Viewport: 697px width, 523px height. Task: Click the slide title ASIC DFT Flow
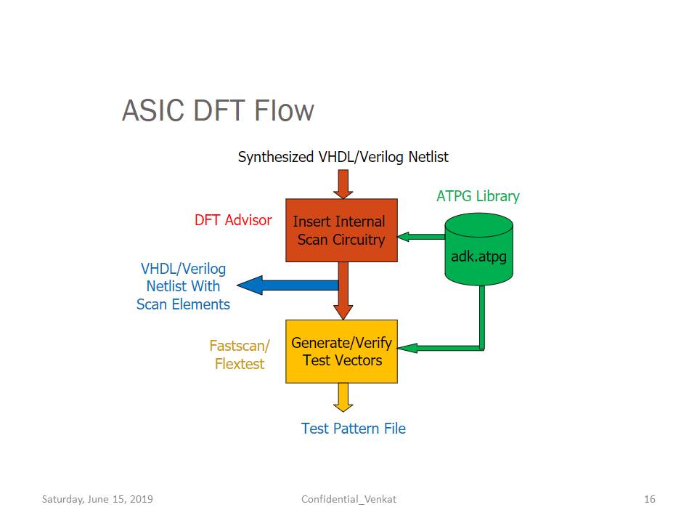point(218,110)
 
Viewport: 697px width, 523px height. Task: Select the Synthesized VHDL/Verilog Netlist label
point(343,157)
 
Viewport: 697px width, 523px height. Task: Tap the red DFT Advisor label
point(233,220)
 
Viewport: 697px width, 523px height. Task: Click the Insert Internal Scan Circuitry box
point(341,230)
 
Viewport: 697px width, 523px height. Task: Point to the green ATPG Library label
point(478,196)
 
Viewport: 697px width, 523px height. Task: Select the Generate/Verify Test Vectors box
point(341,352)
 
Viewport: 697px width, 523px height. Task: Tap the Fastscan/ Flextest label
point(240,354)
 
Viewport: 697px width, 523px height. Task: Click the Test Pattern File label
point(354,429)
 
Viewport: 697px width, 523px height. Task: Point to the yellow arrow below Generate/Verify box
point(343,397)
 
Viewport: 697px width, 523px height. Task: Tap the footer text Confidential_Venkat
point(348,499)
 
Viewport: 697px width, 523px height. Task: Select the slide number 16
point(649,499)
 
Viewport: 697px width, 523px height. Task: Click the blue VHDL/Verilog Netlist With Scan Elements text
point(183,286)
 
